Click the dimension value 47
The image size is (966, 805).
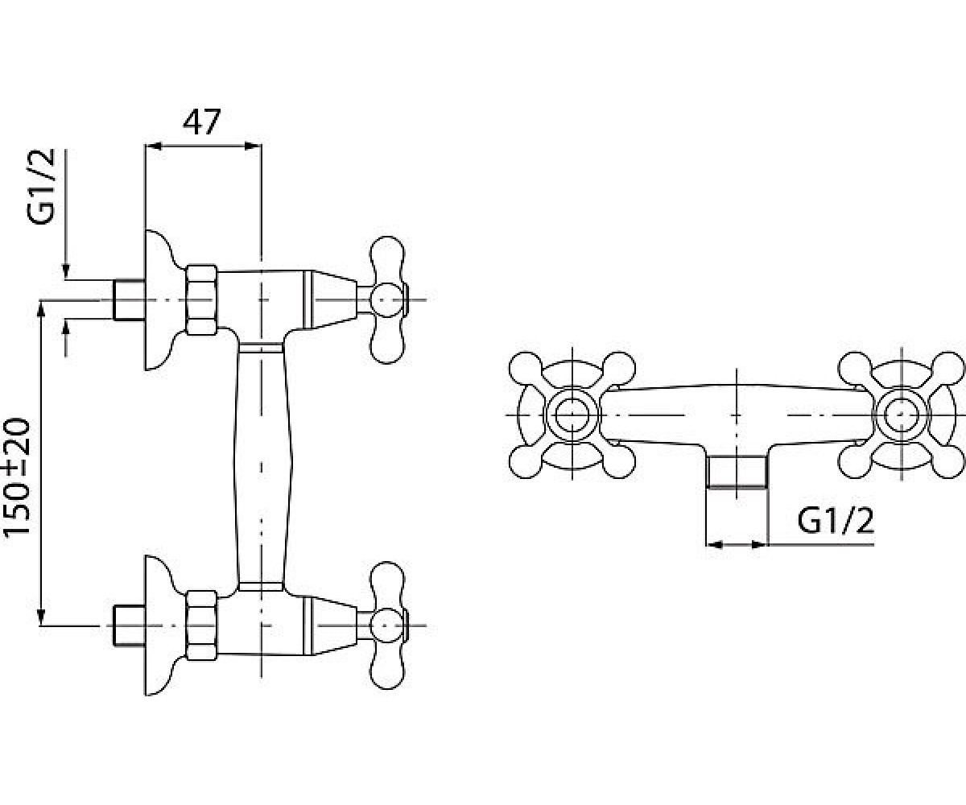click(202, 122)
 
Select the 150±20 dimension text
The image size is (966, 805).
click(17, 477)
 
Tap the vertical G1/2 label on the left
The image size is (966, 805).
click(41, 187)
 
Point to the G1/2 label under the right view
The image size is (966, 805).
click(836, 521)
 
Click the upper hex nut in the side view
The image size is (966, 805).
click(201, 299)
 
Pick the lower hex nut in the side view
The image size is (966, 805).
click(201, 625)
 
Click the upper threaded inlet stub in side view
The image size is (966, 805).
click(129, 299)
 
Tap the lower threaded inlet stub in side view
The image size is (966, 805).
click(129, 625)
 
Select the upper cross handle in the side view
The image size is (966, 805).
click(388, 300)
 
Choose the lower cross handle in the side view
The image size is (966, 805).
click(388, 626)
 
